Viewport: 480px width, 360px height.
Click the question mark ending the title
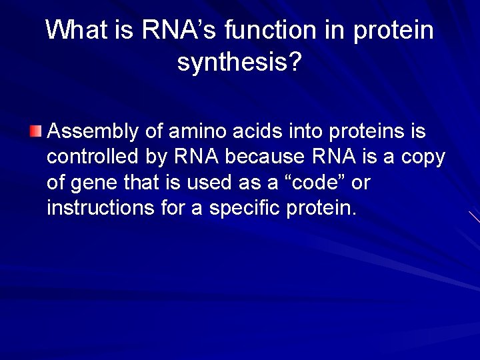tap(295, 63)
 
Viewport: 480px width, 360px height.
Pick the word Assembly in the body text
tap(93, 131)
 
